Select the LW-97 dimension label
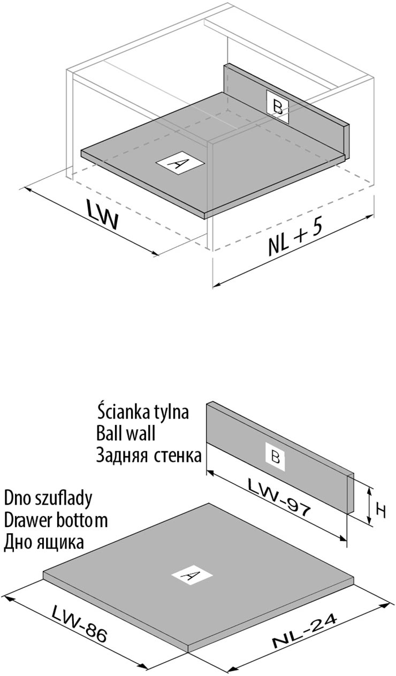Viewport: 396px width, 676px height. (279, 497)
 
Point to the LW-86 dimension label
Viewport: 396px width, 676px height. (80, 624)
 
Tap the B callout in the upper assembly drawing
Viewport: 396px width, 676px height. (278, 107)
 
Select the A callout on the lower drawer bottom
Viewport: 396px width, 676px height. (191, 576)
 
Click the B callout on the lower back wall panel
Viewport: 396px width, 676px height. (275, 458)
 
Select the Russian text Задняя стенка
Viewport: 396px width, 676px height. (149, 455)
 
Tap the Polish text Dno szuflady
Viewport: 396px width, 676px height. (48, 498)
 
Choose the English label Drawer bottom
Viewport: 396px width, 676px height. (56, 520)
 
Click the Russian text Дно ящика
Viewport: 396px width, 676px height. (44, 542)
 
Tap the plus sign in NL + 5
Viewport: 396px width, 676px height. (298, 236)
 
